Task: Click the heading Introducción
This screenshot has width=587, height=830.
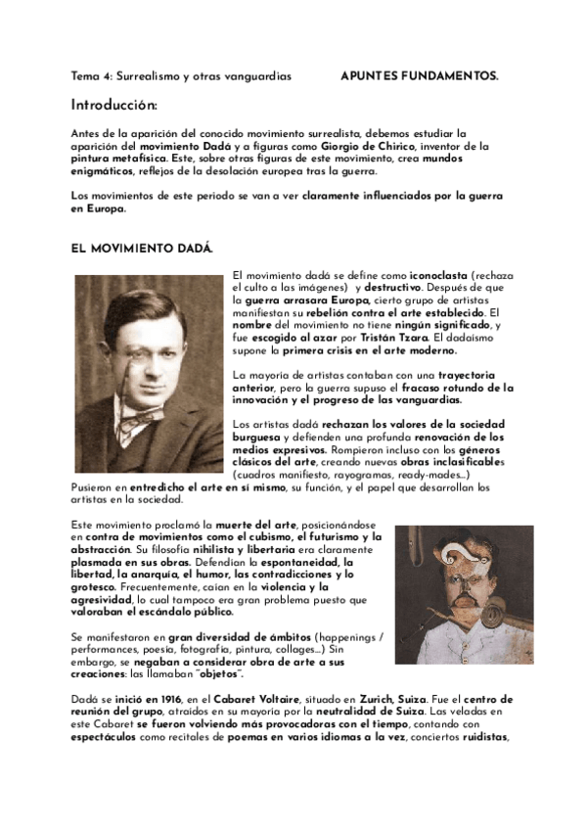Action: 113,105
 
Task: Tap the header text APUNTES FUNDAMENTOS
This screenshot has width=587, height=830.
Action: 419,75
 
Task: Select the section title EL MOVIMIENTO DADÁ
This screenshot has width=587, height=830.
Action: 142,249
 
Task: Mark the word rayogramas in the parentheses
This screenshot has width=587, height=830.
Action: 366,475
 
